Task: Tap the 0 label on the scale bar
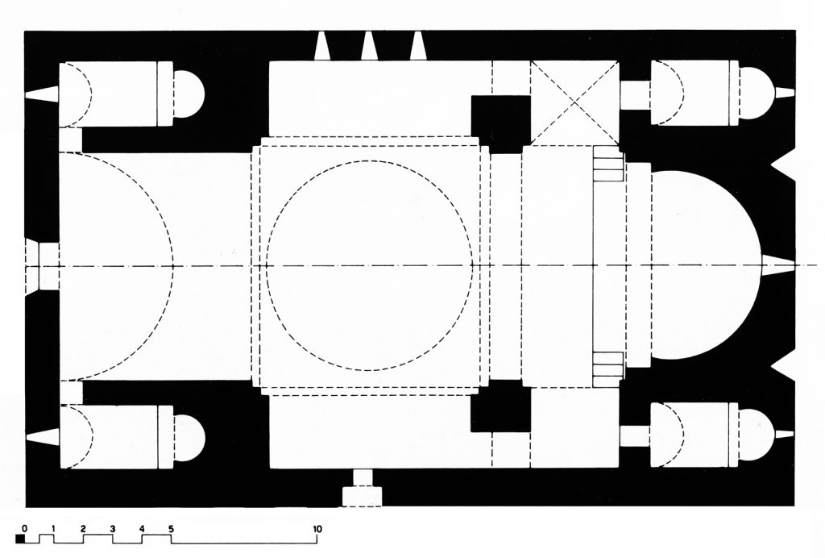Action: pos(24,528)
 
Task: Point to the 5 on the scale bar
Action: pos(171,528)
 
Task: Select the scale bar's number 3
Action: pos(112,528)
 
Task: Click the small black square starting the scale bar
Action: pos(20,539)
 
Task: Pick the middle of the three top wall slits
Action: pos(369,46)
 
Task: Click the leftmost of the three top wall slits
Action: pos(322,46)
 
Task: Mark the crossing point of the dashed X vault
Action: pos(574,102)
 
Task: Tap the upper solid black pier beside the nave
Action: pos(500,124)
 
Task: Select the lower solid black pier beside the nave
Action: pos(500,406)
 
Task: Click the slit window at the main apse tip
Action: pos(778,264)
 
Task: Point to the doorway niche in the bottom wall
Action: pos(362,489)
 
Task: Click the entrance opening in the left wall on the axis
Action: pos(42,266)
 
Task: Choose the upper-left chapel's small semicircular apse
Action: pos(189,94)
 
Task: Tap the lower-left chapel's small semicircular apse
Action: pos(189,438)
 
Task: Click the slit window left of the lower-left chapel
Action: pos(42,436)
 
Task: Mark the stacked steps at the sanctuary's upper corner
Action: pos(608,164)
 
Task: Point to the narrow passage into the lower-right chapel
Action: pos(635,436)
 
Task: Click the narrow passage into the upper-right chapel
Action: pos(635,95)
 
